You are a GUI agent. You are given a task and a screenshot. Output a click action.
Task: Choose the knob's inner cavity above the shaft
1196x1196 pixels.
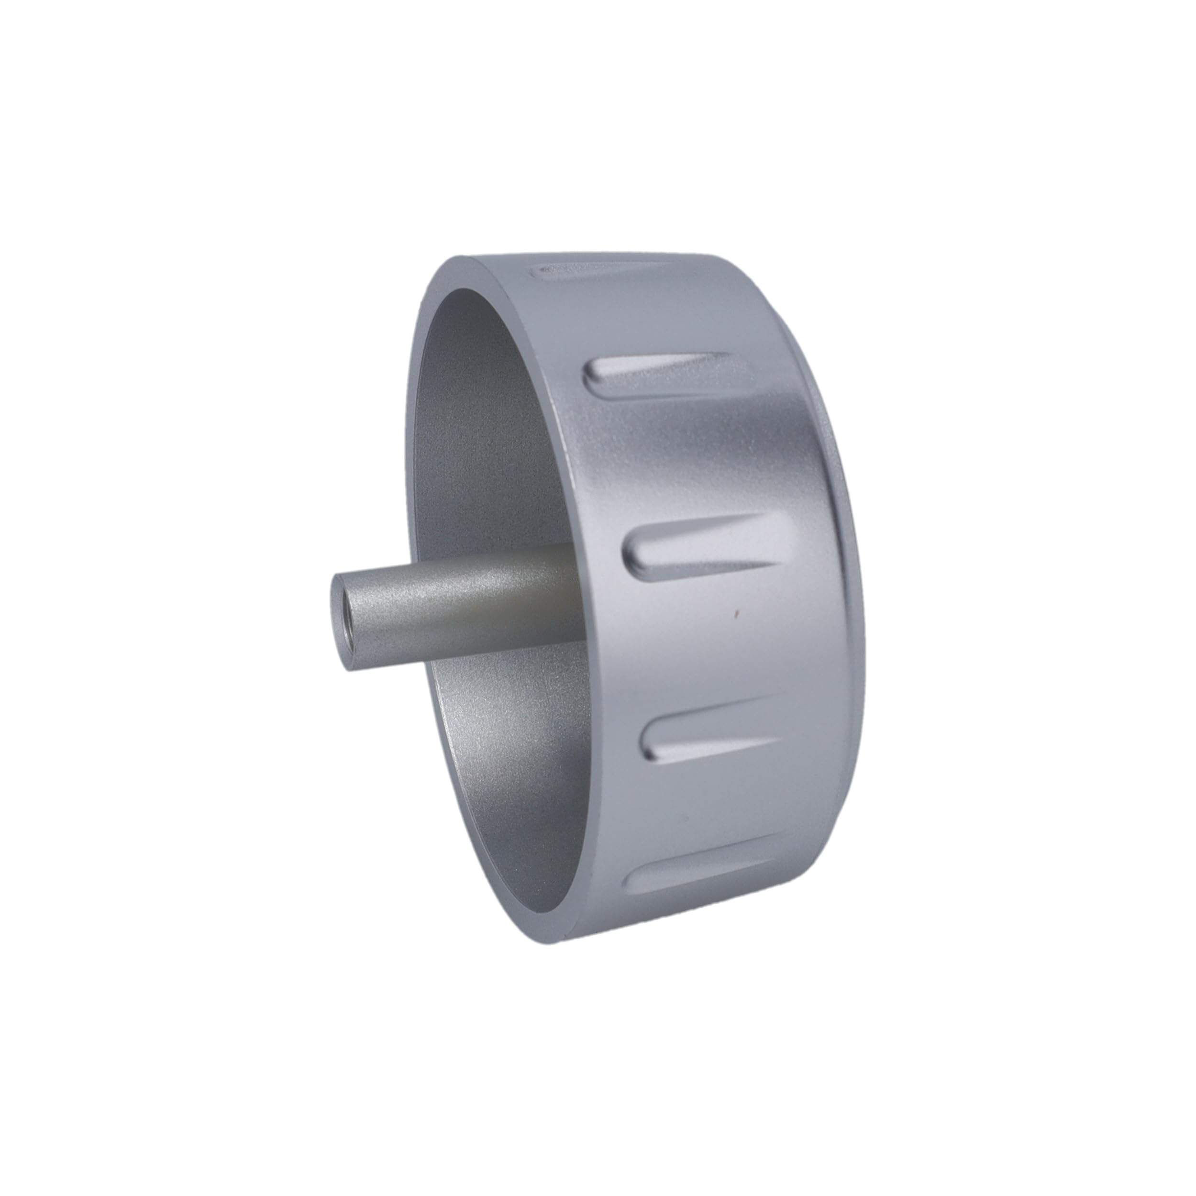coord(483,433)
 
